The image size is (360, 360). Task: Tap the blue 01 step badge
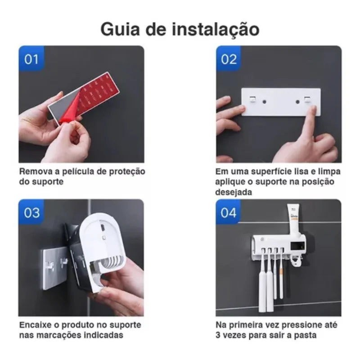tap(31, 59)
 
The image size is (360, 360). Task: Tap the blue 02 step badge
tap(229, 59)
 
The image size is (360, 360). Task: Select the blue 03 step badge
tap(31, 212)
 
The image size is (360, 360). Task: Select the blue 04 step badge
tap(229, 212)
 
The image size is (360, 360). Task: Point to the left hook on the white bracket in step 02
tap(253, 98)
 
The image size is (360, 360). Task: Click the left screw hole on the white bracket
tap(264, 102)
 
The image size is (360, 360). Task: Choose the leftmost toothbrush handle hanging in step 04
tap(262, 288)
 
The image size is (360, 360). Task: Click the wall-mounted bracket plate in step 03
tap(54, 268)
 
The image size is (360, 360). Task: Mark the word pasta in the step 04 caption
tap(306, 335)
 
